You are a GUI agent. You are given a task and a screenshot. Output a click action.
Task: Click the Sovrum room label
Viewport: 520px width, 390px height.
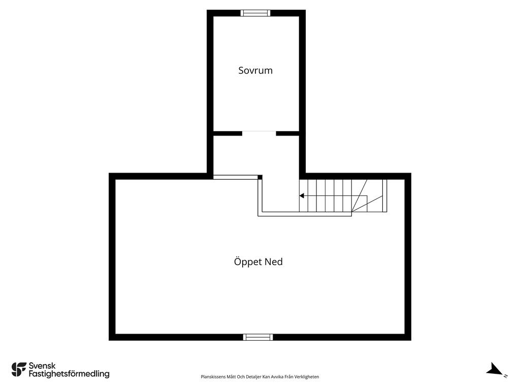[255, 71]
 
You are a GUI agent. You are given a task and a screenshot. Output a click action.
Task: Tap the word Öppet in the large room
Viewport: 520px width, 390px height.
[248, 262]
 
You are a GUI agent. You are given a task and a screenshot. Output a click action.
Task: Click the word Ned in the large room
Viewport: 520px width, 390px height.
[274, 262]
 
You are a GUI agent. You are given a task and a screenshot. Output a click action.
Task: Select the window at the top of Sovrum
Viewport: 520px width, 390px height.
[255, 13]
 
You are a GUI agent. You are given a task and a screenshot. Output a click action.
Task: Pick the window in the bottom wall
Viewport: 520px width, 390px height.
[258, 337]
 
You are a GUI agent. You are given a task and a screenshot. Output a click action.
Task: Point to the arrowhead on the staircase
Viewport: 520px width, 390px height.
[302, 196]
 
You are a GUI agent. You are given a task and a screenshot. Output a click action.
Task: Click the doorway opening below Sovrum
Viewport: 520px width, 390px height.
[259, 133]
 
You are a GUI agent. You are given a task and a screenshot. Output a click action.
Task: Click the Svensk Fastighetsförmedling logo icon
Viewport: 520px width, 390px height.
[19, 370]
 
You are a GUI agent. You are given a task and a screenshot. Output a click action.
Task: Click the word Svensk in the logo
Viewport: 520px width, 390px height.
[42, 366]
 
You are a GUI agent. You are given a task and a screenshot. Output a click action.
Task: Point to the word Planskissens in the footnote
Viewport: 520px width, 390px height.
[213, 377]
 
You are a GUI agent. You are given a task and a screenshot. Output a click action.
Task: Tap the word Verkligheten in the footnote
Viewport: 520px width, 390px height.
[307, 377]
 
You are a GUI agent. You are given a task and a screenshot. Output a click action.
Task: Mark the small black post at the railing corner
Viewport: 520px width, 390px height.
[260, 177]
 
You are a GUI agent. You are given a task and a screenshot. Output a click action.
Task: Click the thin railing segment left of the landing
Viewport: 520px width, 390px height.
[235, 177]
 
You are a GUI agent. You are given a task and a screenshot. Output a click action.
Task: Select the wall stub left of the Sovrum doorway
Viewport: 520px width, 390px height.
[227, 133]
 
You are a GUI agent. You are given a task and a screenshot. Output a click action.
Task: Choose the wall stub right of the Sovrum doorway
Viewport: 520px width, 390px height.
[288, 133]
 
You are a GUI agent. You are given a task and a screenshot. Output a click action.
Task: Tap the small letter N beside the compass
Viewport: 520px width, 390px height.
[506, 376]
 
